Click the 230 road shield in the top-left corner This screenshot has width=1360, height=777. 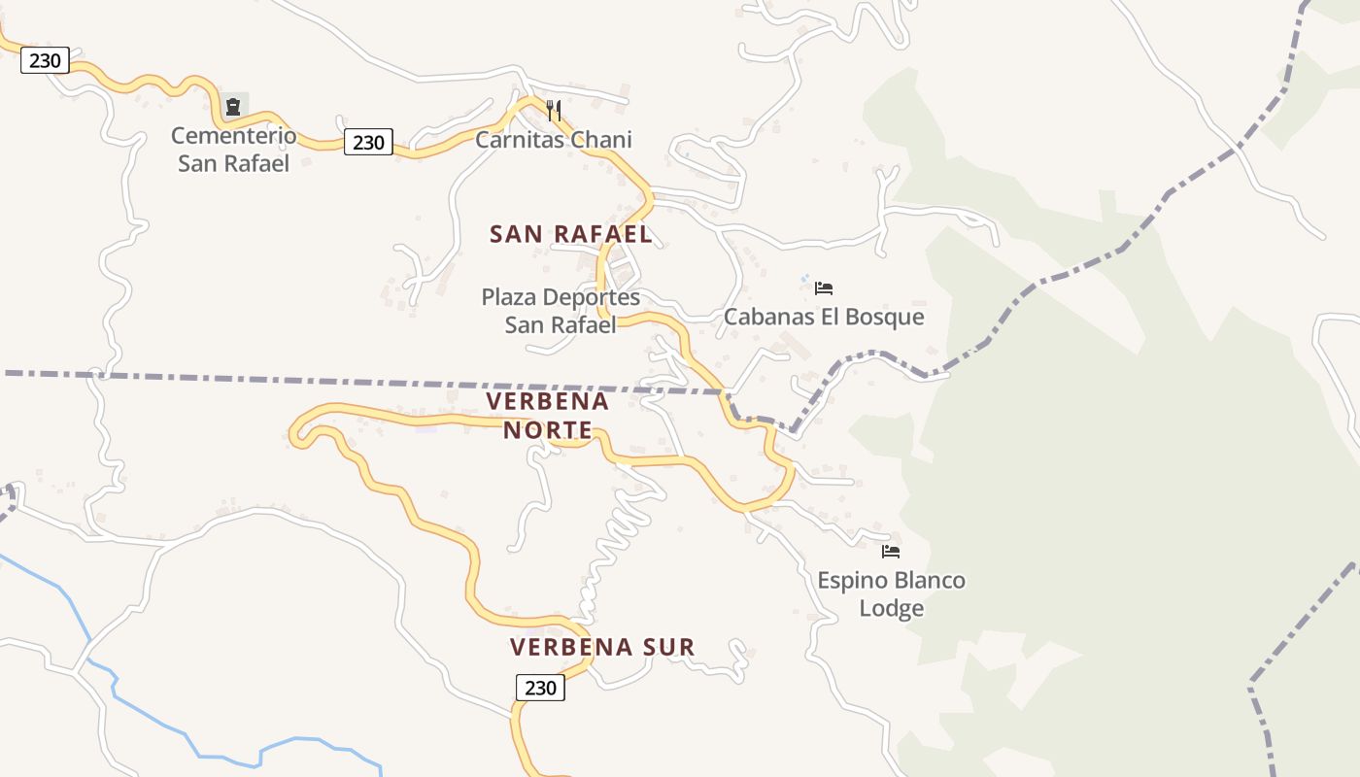[x=45, y=60]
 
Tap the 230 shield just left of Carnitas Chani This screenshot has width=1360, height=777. [x=368, y=143]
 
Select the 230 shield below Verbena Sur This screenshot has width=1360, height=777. [x=540, y=688]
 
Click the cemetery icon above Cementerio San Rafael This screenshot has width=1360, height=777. [x=233, y=106]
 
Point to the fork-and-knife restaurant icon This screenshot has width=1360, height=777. [x=554, y=110]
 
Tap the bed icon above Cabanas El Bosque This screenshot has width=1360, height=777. [x=824, y=287]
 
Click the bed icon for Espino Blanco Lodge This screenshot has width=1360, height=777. [x=891, y=552]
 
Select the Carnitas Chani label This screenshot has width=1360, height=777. [x=553, y=139]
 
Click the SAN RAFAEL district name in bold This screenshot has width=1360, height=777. [x=570, y=234]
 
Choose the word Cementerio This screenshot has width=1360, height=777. [x=233, y=135]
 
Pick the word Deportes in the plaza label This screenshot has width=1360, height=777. [x=592, y=296]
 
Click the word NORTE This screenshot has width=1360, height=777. [x=548, y=429]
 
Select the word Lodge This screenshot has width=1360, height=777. [x=891, y=608]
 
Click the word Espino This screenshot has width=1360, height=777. [x=850, y=581]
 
